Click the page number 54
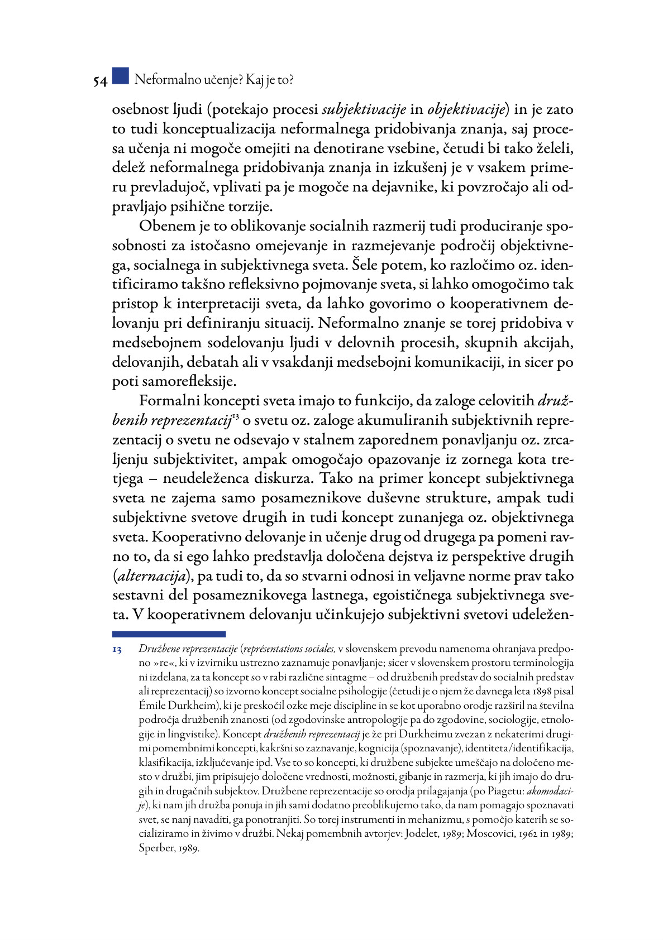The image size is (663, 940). coord(100,81)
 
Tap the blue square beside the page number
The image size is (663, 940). coord(120,76)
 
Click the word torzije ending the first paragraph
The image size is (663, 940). coord(252,207)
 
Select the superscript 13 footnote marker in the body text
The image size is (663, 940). coord(235,417)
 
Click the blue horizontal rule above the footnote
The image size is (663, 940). coord(169,634)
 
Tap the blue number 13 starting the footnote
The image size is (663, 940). coord(117,650)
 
